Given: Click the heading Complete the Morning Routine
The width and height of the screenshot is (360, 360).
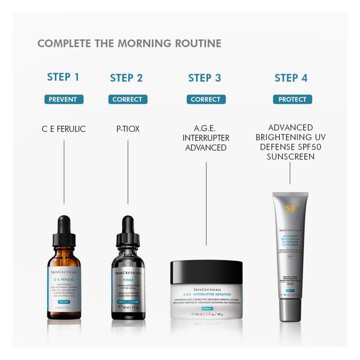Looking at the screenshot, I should pos(129,43).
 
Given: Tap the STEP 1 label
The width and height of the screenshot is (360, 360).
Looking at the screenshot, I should pos(63,77).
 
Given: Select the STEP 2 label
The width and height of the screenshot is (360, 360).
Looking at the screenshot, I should pos(126,78).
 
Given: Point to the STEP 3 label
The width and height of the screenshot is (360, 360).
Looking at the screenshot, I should pos(205,78).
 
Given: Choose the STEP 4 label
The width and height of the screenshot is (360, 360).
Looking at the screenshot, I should pos(291,78).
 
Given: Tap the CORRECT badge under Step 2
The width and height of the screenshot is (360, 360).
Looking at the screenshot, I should pos(127,99).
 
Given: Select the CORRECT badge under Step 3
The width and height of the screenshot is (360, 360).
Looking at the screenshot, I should pos(206,99).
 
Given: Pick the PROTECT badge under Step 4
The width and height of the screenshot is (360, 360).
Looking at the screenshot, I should pos(292,99).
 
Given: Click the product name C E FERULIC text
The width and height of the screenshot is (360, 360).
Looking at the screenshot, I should pos(64,129).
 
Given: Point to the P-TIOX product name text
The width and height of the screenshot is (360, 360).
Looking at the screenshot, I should pos(128,129).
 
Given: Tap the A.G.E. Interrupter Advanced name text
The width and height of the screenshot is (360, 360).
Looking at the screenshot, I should pos(206,138).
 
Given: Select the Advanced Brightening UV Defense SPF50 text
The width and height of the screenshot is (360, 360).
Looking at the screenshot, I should pos(290,142).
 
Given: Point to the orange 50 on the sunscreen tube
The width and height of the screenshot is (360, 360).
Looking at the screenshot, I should pos(290,209).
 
